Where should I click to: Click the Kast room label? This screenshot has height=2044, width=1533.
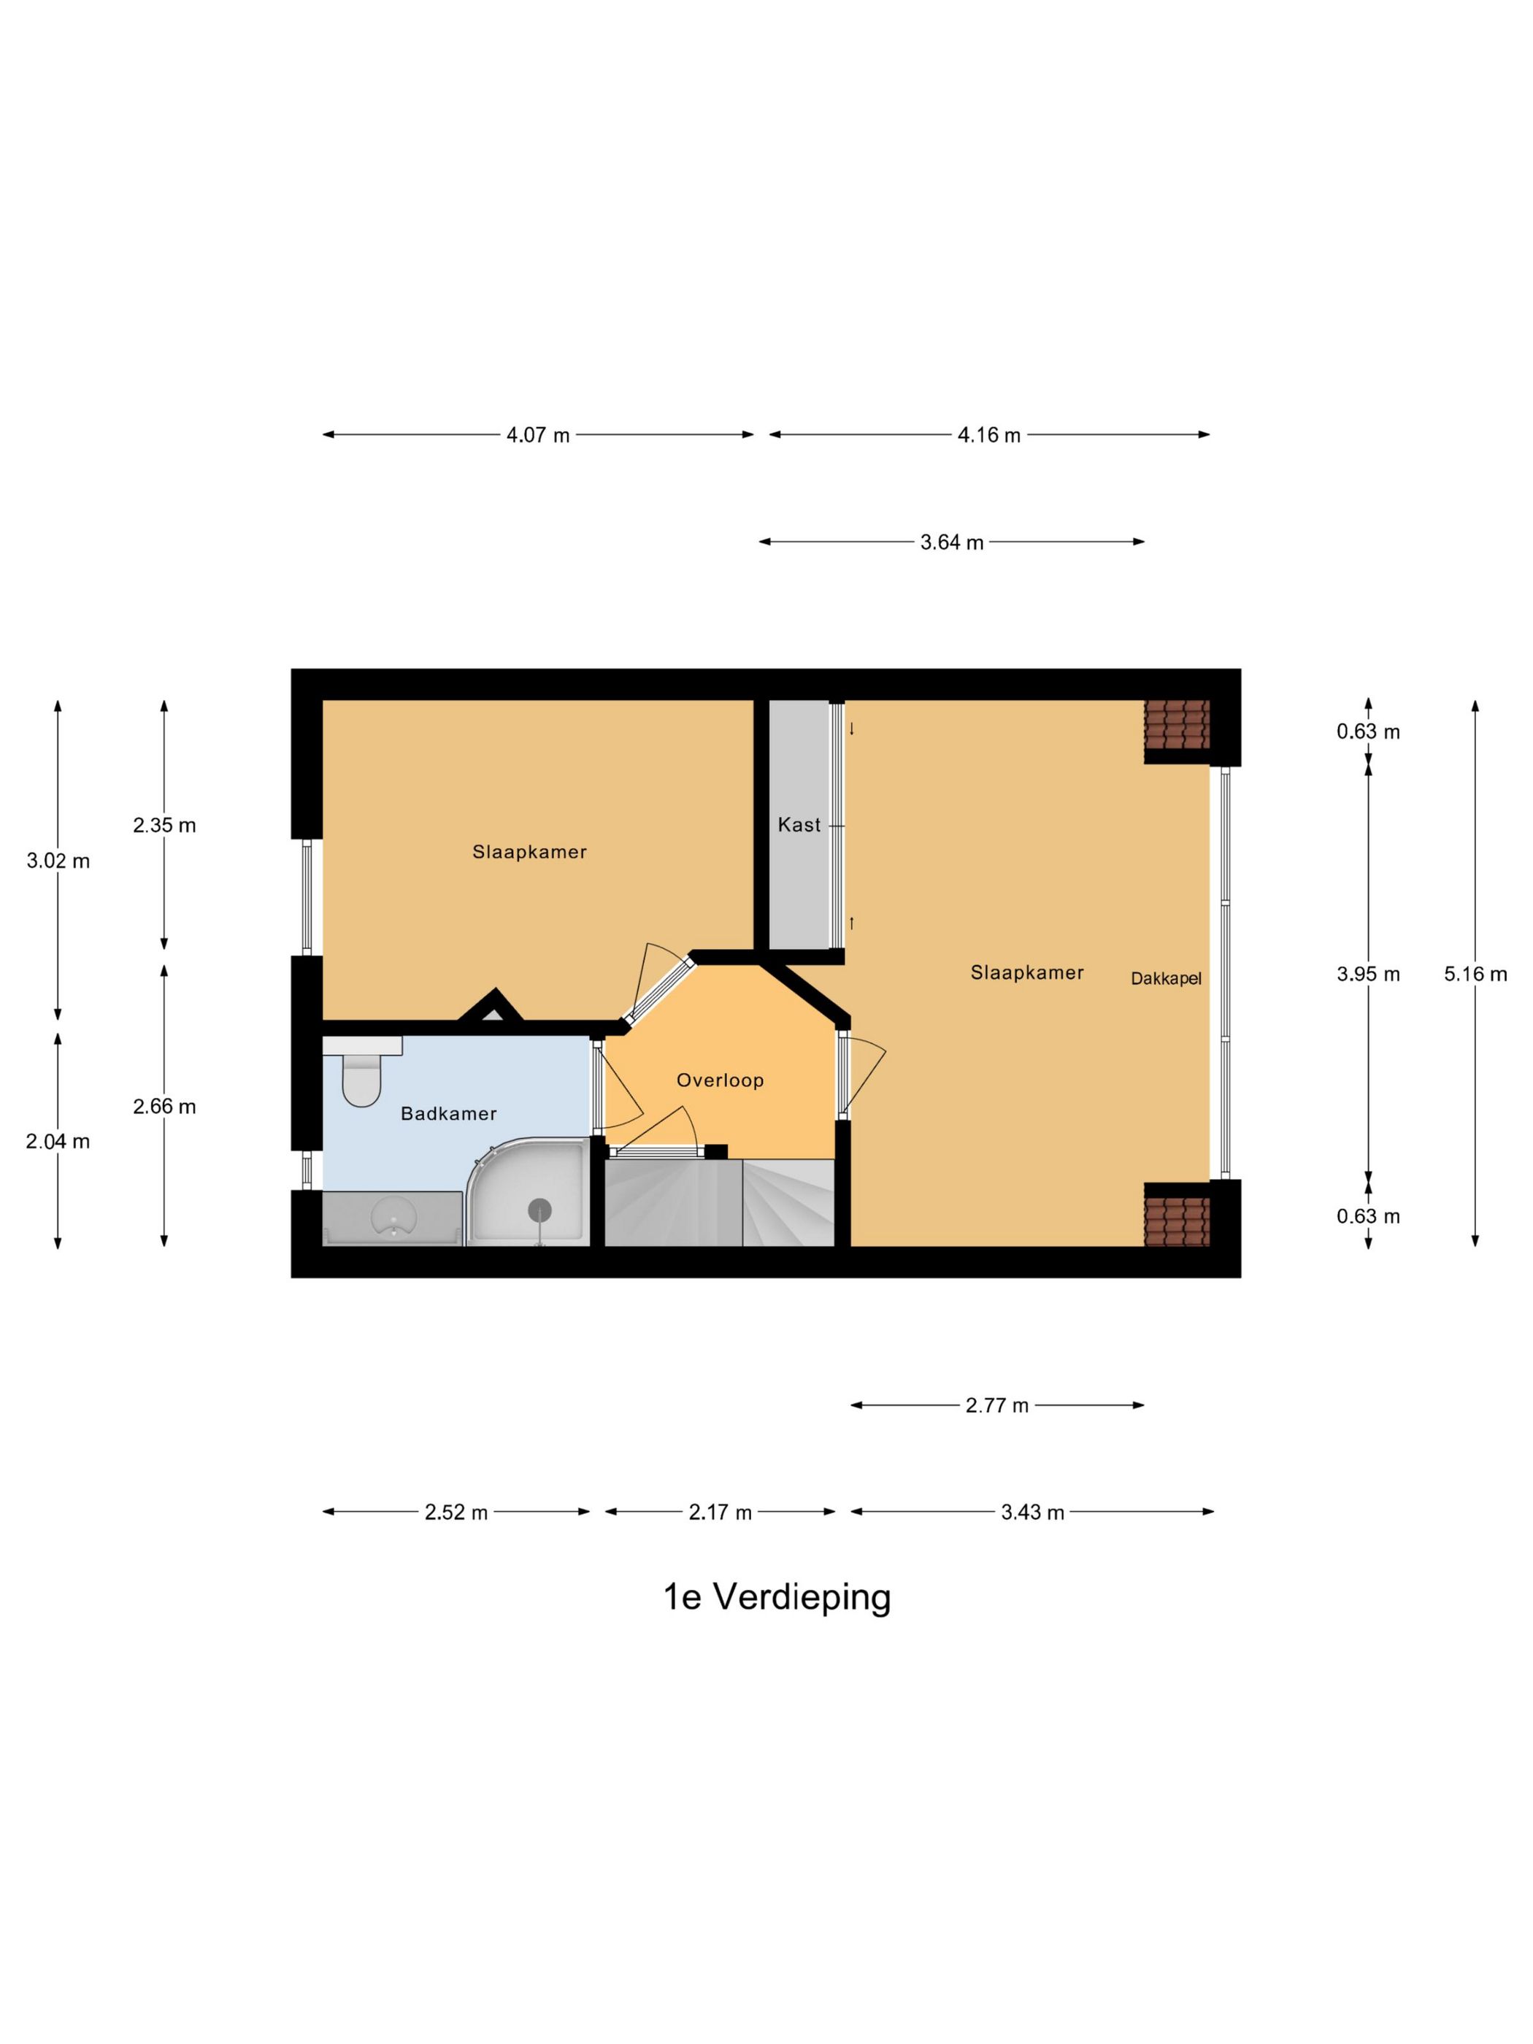click(799, 824)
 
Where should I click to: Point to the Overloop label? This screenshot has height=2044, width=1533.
click(720, 1079)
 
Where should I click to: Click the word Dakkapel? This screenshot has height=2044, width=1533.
click(1165, 977)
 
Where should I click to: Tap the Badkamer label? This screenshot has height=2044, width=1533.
click(448, 1113)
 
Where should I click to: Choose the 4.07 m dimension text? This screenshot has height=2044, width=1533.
click(538, 434)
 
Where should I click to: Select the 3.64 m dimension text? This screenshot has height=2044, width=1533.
click(952, 542)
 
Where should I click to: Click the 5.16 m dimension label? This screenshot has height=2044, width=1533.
click(1475, 973)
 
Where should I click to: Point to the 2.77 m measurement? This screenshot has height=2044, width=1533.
click(997, 1405)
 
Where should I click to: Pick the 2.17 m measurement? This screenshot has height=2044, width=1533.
click(720, 1512)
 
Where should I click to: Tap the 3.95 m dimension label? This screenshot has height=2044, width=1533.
click(1367, 973)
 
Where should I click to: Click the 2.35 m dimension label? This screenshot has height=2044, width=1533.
click(164, 825)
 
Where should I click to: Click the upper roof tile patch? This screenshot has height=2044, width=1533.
click(1176, 723)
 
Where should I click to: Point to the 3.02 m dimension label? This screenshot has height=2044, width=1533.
click(58, 861)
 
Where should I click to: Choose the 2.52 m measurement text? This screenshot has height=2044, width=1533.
click(456, 1512)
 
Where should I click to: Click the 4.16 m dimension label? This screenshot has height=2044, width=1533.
click(988, 434)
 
